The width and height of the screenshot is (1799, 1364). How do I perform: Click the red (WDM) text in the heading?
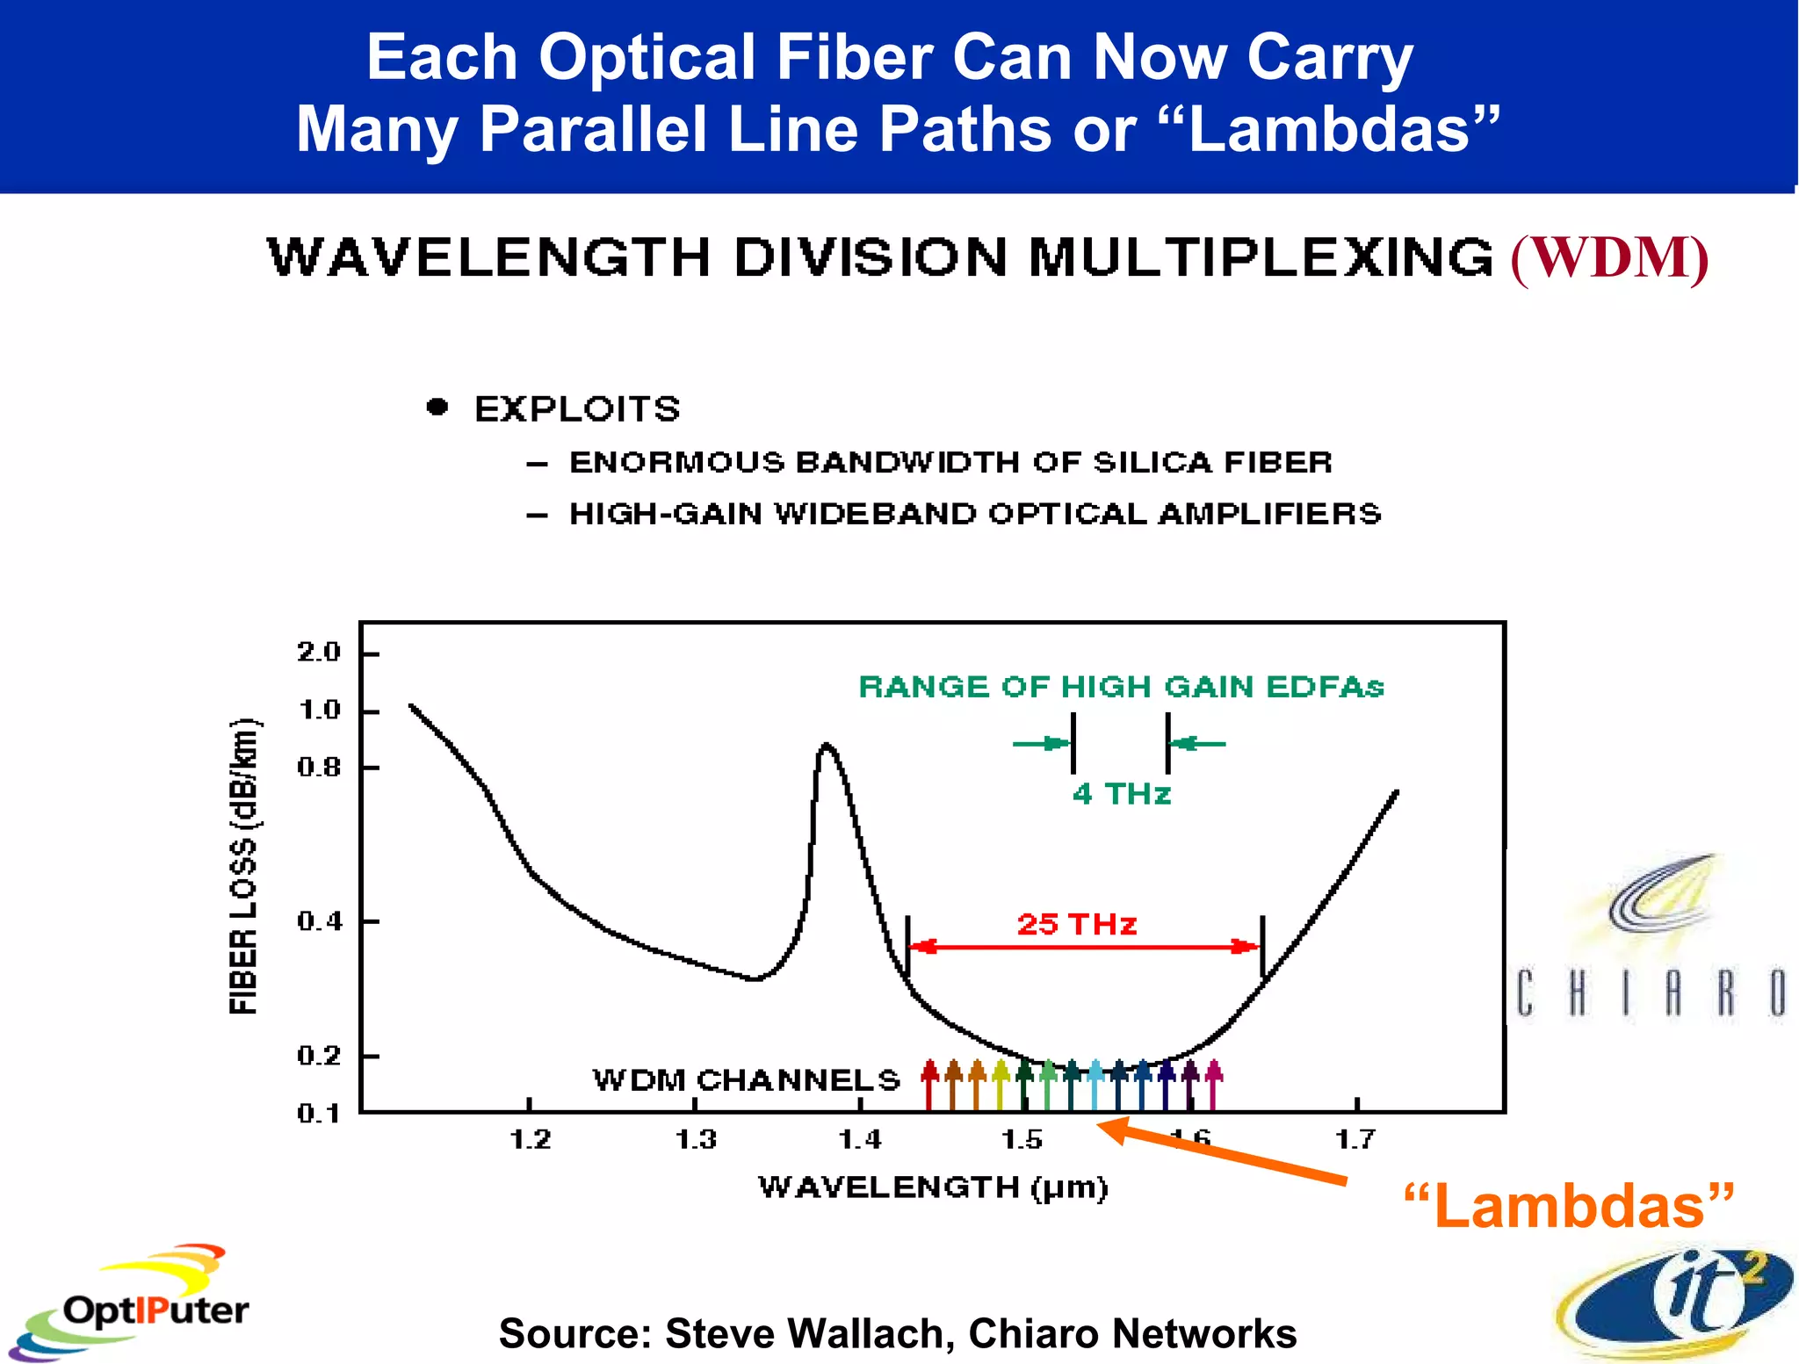pyautogui.click(x=1609, y=258)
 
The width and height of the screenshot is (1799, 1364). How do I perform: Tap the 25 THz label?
pyautogui.click(x=1077, y=924)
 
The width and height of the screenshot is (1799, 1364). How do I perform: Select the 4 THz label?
pyautogui.click(x=1122, y=794)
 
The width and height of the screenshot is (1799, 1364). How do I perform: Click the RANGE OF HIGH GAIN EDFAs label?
pyautogui.click(x=1121, y=687)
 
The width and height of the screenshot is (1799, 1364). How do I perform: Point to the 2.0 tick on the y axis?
pyautogui.click(x=318, y=653)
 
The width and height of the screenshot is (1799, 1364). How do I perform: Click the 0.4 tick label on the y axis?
pyautogui.click(x=318, y=921)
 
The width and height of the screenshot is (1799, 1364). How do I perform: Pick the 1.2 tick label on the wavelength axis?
pyautogui.click(x=531, y=1140)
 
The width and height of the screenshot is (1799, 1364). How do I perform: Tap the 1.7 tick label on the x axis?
pyautogui.click(x=1355, y=1140)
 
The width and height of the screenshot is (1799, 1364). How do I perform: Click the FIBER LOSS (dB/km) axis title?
pyautogui.click(x=244, y=866)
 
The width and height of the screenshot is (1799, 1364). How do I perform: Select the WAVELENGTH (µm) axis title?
pyautogui.click(x=933, y=1187)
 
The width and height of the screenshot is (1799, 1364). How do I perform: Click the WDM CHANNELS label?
pyautogui.click(x=747, y=1079)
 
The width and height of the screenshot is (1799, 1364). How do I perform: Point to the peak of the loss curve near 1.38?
pyautogui.click(x=826, y=747)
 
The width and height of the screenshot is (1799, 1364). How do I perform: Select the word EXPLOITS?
pyautogui.click(x=577, y=409)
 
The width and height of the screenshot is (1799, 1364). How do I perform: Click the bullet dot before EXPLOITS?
pyautogui.click(x=437, y=408)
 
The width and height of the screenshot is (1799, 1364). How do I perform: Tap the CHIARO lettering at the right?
pyautogui.click(x=1651, y=992)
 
